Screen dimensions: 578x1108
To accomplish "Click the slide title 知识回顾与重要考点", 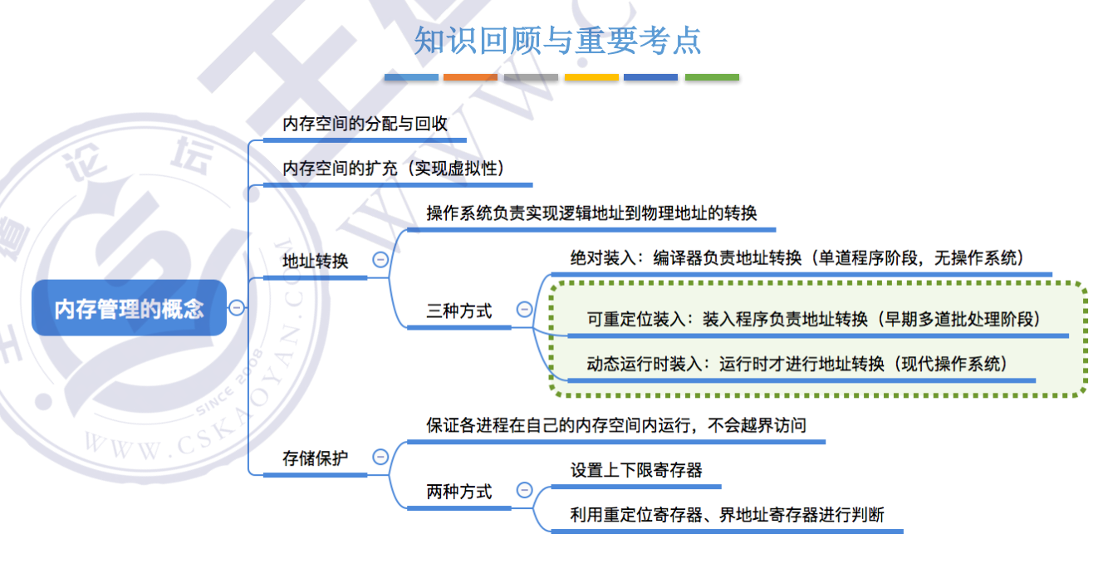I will coord(557,40).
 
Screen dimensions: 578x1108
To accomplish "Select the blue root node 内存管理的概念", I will coord(129,308).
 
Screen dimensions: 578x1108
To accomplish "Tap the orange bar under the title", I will coord(470,77).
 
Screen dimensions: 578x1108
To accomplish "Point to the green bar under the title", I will coord(712,77).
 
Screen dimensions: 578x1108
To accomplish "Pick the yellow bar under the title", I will coord(591,77).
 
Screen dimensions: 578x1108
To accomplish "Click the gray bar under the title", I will coord(531,77).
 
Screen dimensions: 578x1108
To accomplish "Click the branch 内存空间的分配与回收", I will coord(365,125).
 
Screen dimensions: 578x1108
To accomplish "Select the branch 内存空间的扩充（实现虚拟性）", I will coord(395,169).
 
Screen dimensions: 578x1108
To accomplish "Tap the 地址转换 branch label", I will coord(316,261).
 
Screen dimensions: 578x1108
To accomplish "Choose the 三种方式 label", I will coord(458,311).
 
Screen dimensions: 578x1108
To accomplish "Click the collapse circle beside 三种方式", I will coord(524,310).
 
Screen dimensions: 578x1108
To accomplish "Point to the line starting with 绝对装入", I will coord(797,258).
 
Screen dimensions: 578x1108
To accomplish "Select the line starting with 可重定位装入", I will coord(813,319).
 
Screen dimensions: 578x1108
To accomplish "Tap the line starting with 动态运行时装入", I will coord(797,364).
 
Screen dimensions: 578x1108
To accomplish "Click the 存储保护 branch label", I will coord(316,458).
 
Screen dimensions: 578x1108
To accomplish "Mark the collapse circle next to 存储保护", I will coord(380,457).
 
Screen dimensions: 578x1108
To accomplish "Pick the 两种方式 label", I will coord(458,492).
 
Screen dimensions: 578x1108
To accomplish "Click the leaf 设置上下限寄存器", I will coord(636,470).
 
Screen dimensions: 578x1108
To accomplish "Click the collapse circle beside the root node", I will coord(237,308).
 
